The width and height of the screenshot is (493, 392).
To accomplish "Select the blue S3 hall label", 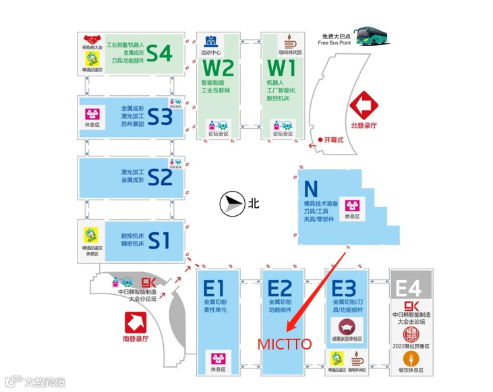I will [x=160, y=117].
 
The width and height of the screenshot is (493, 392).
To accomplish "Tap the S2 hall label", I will [x=160, y=177].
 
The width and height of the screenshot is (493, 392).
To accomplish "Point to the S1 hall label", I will [x=159, y=240].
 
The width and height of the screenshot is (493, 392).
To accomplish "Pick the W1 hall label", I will [x=282, y=69].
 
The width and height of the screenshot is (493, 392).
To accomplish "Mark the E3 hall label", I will [x=344, y=288].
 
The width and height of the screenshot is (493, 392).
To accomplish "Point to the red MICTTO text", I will [x=284, y=344].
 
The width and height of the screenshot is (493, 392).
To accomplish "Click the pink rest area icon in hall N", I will [x=351, y=205].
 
